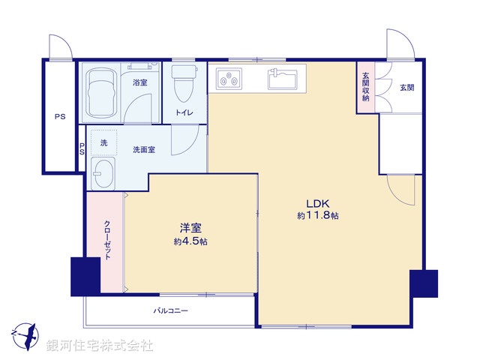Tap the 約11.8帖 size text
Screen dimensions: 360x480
click(x=317, y=216)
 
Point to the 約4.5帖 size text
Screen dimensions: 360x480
click(x=190, y=241)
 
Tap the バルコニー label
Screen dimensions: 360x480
click(x=171, y=310)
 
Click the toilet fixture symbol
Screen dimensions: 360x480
click(x=183, y=85)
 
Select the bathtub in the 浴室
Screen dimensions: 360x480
click(x=100, y=94)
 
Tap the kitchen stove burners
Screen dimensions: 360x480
click(x=228, y=77)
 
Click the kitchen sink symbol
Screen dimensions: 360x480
click(x=283, y=77)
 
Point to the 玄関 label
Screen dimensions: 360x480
click(x=406, y=88)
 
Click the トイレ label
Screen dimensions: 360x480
click(x=184, y=113)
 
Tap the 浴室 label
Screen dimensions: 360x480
click(x=139, y=82)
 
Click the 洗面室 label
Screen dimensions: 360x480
click(x=144, y=150)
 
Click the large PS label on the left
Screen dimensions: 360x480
click(x=58, y=117)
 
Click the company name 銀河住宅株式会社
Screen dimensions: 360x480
click(x=100, y=346)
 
